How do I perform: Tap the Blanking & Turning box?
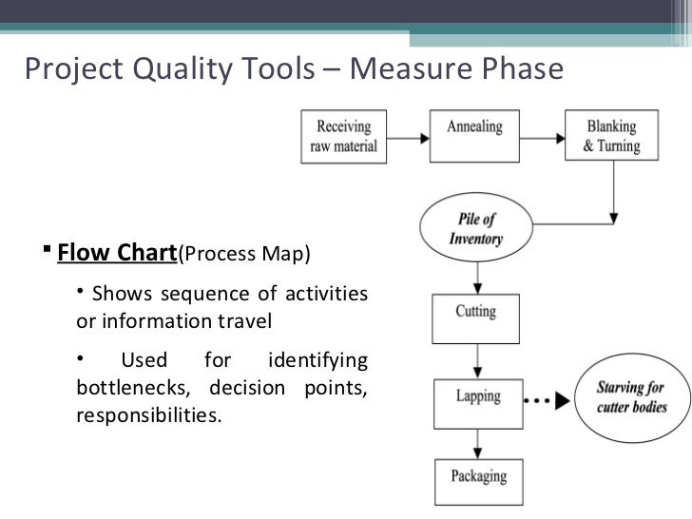click(610, 135)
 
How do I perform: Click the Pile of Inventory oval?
click(475, 231)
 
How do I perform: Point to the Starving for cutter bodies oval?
click(630, 398)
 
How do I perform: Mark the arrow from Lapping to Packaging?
click(474, 444)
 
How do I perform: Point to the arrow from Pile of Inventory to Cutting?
click(474, 279)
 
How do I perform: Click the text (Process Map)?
click(244, 256)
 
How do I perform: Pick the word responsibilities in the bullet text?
click(147, 415)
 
